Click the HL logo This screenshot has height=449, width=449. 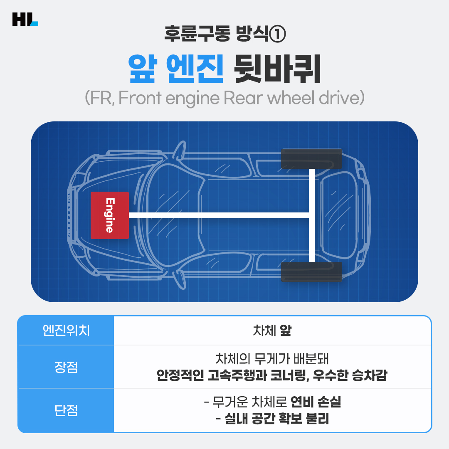(x=25, y=19)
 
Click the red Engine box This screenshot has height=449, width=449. (x=110, y=215)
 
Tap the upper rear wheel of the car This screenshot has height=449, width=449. (x=312, y=158)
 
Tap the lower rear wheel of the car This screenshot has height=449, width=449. (x=312, y=271)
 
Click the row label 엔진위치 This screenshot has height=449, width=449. (x=66, y=331)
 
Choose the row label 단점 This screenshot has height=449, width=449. (x=66, y=410)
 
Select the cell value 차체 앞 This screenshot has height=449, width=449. (x=272, y=331)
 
